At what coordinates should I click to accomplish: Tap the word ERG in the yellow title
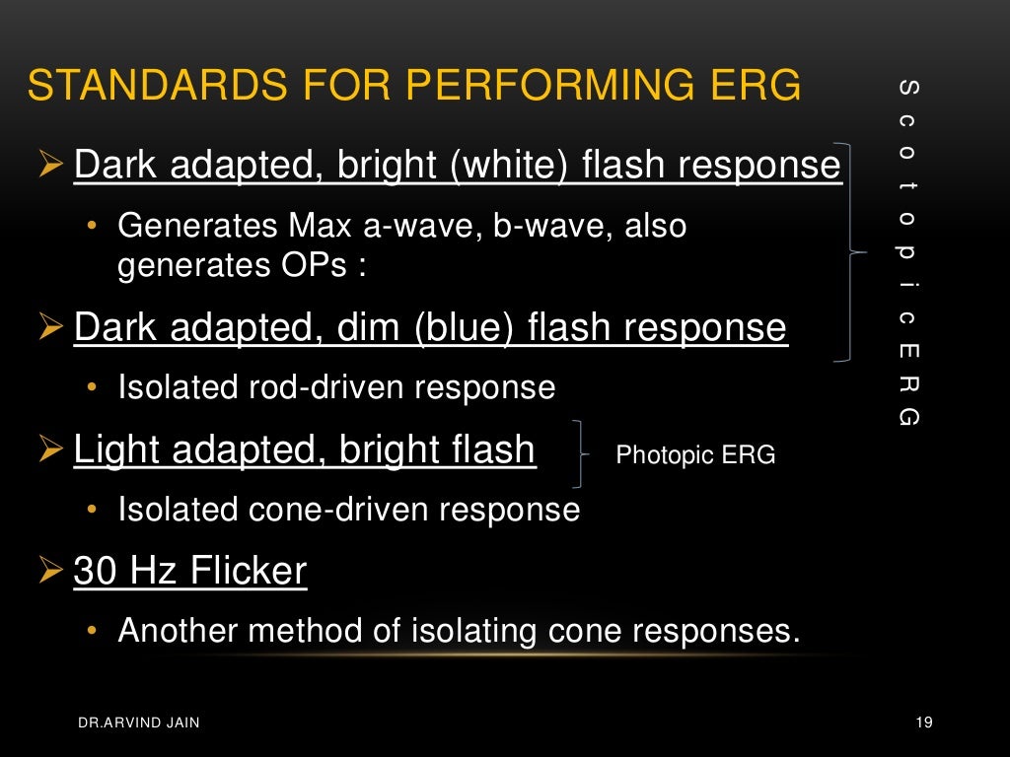(x=755, y=86)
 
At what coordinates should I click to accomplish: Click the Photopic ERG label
(x=695, y=455)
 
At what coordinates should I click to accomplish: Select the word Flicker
(x=255, y=571)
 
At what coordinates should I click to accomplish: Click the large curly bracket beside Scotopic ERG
(x=850, y=253)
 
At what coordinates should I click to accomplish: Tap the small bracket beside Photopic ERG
(x=579, y=454)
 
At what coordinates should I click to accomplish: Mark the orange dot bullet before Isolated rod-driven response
(x=92, y=388)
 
